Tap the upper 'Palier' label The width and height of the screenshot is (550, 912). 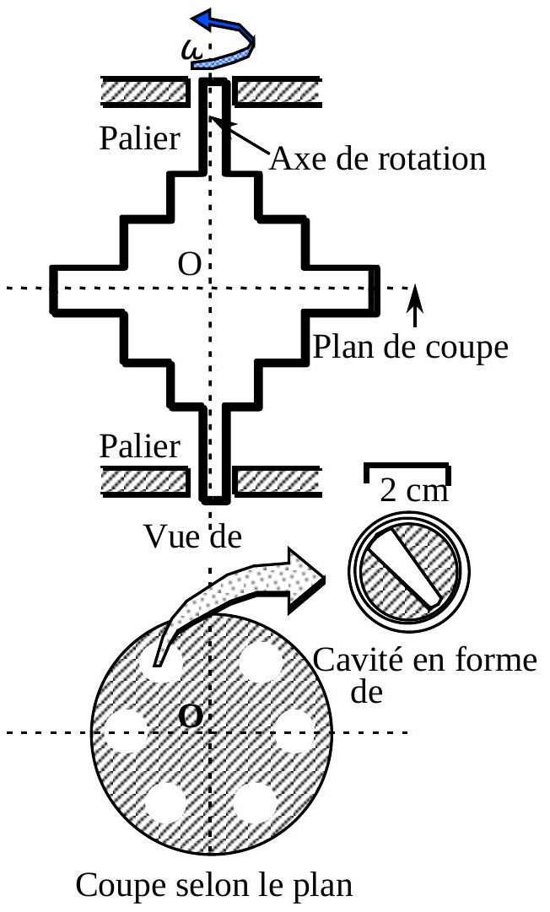[x=139, y=138]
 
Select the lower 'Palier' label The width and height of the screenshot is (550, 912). [x=139, y=446]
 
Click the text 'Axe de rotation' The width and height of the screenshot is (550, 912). [x=377, y=158]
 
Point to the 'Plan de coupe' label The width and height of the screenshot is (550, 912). [x=410, y=347]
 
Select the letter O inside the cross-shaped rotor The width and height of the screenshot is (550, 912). [x=190, y=266]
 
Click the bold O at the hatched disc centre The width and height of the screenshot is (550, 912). [x=191, y=717]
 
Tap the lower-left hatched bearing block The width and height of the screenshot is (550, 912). [x=143, y=480]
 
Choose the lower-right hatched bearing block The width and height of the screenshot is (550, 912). [x=277, y=480]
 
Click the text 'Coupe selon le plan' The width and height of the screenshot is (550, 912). [x=213, y=887]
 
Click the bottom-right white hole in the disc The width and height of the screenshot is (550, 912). [x=254, y=801]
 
